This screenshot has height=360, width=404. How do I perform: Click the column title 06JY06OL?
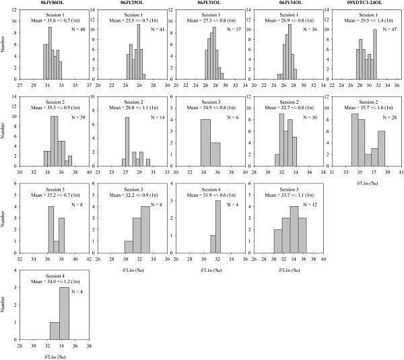(x=53, y=3)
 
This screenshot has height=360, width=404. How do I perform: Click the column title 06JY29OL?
(x=130, y=3)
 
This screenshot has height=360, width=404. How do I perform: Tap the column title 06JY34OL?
(x=285, y=3)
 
